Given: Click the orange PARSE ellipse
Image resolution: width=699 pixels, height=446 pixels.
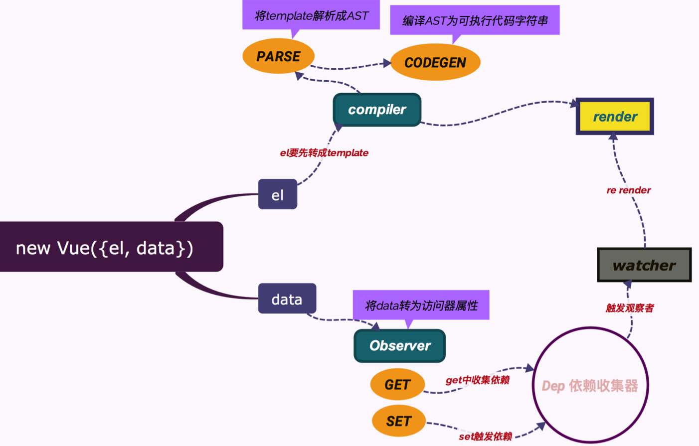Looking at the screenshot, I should (278, 56).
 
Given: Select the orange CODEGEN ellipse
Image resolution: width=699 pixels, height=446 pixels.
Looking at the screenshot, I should (435, 62).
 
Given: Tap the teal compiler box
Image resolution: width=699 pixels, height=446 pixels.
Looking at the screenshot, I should (377, 110).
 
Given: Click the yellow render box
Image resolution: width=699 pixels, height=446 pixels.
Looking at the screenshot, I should (615, 117).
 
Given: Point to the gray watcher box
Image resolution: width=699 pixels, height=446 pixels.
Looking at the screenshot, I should (644, 265).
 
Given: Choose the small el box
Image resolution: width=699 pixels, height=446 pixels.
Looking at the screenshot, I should (278, 194).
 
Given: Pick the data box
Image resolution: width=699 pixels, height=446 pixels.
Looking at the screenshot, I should (287, 299).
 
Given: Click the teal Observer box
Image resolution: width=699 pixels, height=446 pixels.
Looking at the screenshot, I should (399, 346).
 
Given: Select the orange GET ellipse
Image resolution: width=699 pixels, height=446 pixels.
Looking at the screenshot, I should (397, 385).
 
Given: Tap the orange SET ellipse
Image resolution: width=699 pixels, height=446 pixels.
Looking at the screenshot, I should (398, 421).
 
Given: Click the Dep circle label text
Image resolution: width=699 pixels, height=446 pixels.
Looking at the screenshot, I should (590, 386).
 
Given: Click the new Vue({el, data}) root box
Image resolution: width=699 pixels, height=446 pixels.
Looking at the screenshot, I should (105, 247).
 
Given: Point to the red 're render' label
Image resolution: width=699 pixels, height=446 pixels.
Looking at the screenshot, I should (628, 190).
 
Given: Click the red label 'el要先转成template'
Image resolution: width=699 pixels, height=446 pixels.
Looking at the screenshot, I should (324, 153).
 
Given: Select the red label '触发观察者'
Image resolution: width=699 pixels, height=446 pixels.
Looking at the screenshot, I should (630, 308).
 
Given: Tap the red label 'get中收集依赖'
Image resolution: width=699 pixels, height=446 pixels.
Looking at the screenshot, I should (477, 380).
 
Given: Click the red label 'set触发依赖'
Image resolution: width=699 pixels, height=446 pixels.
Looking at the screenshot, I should (485, 437).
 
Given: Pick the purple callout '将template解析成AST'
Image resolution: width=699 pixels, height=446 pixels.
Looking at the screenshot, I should (311, 16).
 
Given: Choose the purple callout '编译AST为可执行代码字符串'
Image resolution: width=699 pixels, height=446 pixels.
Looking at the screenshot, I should (475, 20).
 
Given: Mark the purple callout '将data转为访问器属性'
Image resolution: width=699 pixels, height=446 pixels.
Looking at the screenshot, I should (421, 305).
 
